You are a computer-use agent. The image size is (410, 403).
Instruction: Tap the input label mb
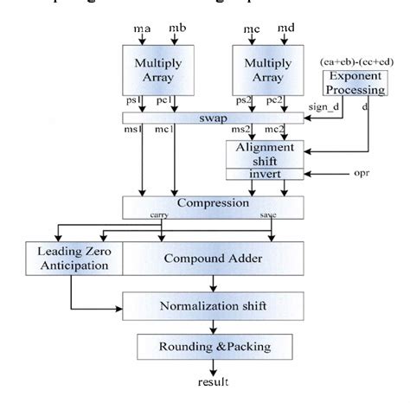176,32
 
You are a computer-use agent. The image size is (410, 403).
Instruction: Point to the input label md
285,32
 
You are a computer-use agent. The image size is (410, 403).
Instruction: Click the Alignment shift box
266,153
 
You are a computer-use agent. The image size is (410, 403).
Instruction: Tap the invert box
266,174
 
